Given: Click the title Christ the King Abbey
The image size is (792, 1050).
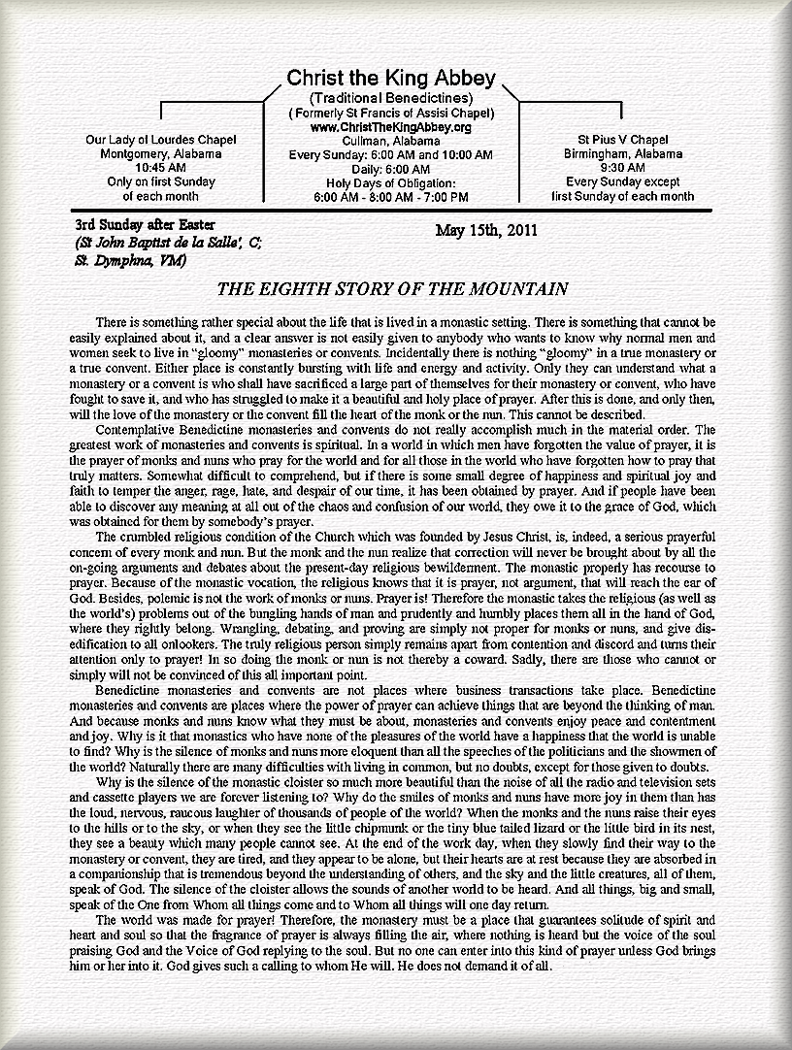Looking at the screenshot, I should [x=390, y=79].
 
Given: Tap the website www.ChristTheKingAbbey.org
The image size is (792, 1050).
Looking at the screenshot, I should [x=390, y=127].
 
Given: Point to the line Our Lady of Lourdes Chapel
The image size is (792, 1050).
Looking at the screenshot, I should [x=161, y=140].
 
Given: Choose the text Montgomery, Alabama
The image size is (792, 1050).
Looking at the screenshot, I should [x=161, y=153].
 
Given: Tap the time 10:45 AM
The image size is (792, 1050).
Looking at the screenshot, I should [x=161, y=167].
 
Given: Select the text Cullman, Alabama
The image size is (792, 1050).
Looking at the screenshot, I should [x=390, y=141].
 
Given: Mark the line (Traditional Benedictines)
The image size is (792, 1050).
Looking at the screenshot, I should [x=390, y=99].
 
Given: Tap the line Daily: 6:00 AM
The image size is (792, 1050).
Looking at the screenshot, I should [x=390, y=169].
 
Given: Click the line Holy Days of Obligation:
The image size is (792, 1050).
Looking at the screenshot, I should [x=390, y=182].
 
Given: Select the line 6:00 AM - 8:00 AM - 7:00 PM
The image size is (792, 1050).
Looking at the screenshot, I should [x=390, y=196].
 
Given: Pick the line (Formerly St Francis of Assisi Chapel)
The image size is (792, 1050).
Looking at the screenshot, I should [x=390, y=114].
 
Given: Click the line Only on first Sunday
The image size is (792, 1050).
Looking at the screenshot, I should [x=161, y=181].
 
